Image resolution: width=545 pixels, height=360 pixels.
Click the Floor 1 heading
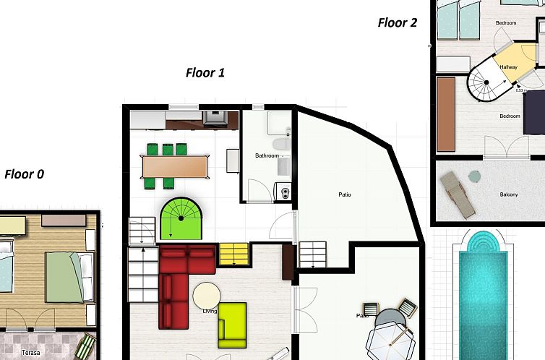[x=205, y=72]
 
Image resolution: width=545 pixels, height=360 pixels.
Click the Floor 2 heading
[x=398, y=22]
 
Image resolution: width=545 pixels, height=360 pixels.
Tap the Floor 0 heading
[x=24, y=174]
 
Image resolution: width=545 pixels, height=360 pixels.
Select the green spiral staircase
[x=181, y=218]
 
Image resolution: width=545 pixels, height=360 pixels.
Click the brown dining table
[x=175, y=166]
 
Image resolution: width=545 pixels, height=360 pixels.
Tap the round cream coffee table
[x=207, y=296]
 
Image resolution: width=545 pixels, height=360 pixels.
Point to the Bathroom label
[x=267, y=156]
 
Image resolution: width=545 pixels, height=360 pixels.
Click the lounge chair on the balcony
[x=458, y=194]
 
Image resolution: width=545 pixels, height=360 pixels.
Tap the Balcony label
[x=509, y=194]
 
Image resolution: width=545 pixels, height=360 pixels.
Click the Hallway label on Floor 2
[x=508, y=67]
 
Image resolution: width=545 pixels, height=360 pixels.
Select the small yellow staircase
[x=233, y=254]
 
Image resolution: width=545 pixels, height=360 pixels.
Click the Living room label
[x=210, y=312]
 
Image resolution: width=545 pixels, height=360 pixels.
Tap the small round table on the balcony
[x=474, y=176]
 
